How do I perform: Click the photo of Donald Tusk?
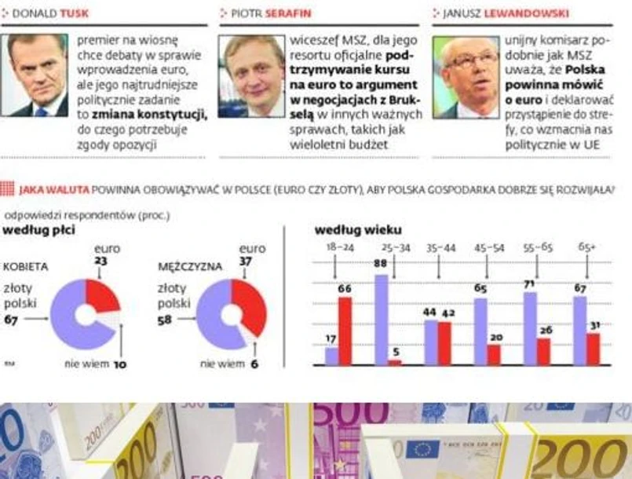click(x=37, y=75)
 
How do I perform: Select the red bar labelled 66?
click(x=345, y=331)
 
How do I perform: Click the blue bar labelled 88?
click(x=382, y=320)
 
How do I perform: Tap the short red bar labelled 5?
click(x=395, y=363)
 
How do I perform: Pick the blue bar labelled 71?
click(x=530, y=328)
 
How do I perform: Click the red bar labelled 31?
click(x=593, y=349)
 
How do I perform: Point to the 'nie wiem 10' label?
click(x=95, y=364)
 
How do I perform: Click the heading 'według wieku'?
click(x=357, y=230)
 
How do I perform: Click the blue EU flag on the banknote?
click(x=422, y=449)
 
